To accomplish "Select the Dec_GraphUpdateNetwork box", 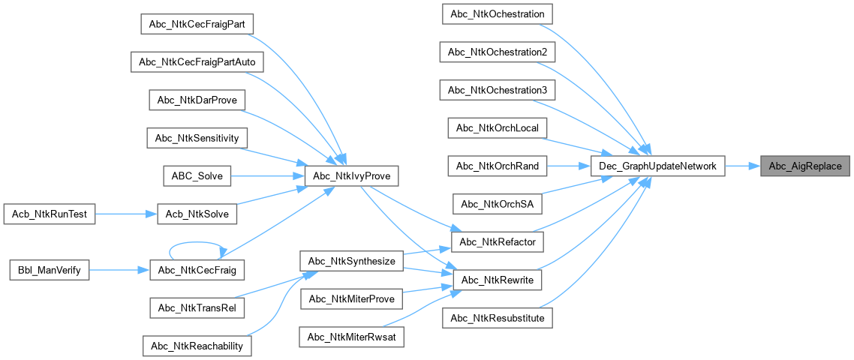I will pyautogui.click(x=657, y=166).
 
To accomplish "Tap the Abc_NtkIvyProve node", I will pyautogui.click(x=351, y=176).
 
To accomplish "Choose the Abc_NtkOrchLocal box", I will pyautogui.click(x=497, y=127).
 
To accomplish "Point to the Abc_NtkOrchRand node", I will pyautogui.click(x=497, y=166).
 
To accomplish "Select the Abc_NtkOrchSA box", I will pyautogui.click(x=497, y=203).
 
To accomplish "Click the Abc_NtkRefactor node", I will pyautogui.click(x=497, y=242).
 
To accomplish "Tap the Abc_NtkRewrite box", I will pyautogui.click(x=497, y=280).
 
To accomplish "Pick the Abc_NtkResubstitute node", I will pyautogui.click(x=497, y=318).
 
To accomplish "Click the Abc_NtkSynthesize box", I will pyautogui.click(x=352, y=261).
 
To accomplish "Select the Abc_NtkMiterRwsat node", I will pyautogui.click(x=352, y=337).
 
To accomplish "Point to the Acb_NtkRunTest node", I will pyautogui.click(x=49, y=214).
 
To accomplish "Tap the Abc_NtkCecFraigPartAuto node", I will pyautogui.click(x=197, y=61).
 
